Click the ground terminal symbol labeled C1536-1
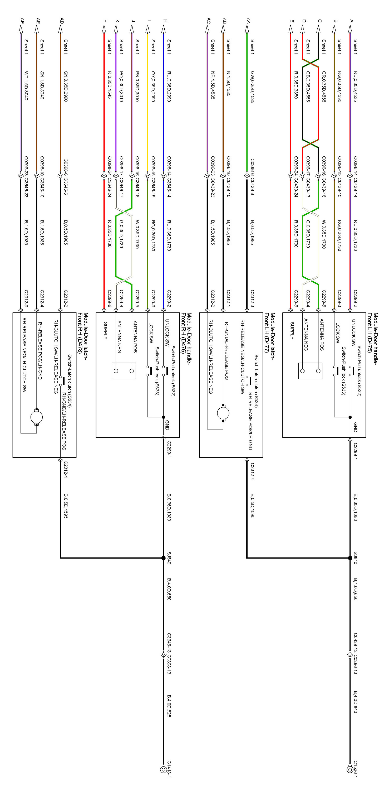point(349,769)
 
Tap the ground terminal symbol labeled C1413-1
point(163,769)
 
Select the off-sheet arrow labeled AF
point(21,29)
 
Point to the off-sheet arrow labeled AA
point(247,29)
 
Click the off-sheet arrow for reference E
point(290,29)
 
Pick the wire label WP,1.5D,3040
point(26,85)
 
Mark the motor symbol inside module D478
point(37,417)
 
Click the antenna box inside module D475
point(310,371)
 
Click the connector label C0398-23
point(26,165)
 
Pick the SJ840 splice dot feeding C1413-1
point(164,558)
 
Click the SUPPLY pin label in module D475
point(292,331)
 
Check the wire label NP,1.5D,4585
point(213,85)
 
